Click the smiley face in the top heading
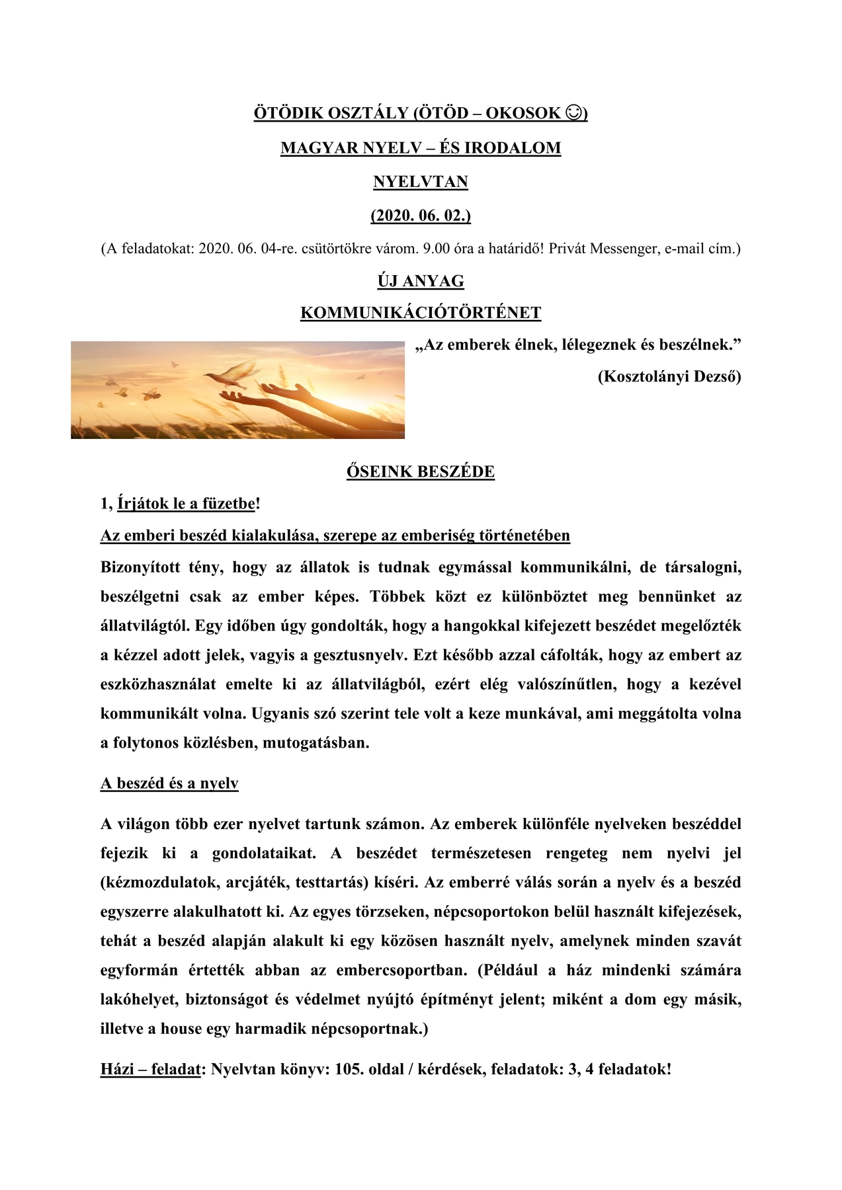575,114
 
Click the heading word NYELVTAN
421,182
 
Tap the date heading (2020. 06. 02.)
421,216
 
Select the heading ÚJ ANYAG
421,281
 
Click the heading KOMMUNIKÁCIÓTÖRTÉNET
421,313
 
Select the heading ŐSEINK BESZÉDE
421,471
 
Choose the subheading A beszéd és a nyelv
169,783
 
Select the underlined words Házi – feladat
150,1069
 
